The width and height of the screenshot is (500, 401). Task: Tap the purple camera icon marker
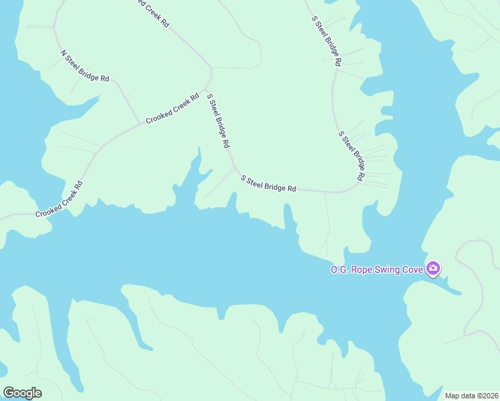pos(433,269)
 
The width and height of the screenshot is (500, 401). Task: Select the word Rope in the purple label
pos(360,269)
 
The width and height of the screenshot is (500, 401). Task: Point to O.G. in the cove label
pos(338,269)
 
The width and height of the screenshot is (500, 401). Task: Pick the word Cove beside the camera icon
pos(412,269)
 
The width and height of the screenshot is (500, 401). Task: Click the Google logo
pos(22,393)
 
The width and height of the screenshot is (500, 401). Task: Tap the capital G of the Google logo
pos(9,392)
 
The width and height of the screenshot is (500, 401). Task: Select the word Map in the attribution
pos(453,396)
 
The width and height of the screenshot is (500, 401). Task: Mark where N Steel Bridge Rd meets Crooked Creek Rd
pos(140,123)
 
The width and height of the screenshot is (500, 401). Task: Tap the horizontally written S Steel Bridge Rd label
pos(268,184)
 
